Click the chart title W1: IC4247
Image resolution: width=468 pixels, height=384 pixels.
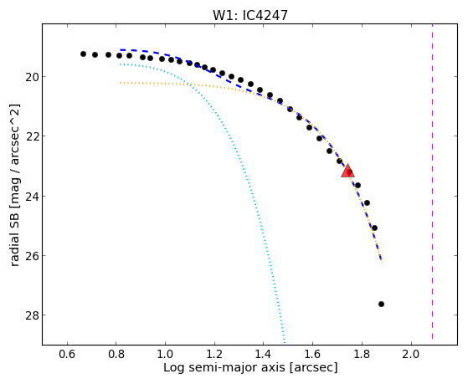coord(249,15)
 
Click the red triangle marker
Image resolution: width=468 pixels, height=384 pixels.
coord(347,171)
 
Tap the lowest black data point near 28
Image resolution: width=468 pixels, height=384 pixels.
coord(381,304)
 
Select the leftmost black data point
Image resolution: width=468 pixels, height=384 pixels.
coord(83,54)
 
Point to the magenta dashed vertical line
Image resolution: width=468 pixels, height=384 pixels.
coord(432,182)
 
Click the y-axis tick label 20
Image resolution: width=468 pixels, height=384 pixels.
coord(31,77)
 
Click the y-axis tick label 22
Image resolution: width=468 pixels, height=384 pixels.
coord(31,136)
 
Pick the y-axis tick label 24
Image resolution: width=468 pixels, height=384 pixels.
coord(31,196)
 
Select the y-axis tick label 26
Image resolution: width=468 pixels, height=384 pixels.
coord(31,256)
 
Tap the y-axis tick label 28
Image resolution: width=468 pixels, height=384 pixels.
coord(31,315)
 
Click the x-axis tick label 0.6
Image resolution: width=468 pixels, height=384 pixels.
coord(68,355)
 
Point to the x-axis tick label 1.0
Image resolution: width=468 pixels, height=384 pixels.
coord(165,355)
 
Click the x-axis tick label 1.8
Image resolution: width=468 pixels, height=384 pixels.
coord(362,355)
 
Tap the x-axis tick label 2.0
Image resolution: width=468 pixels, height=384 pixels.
coord(411,355)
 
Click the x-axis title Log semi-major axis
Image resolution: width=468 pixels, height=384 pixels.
coord(224,367)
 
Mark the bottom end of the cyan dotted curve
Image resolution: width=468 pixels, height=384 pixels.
coord(285,342)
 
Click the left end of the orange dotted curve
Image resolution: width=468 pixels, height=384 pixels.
coord(121,83)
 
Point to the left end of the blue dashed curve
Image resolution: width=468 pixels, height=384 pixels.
coord(121,50)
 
